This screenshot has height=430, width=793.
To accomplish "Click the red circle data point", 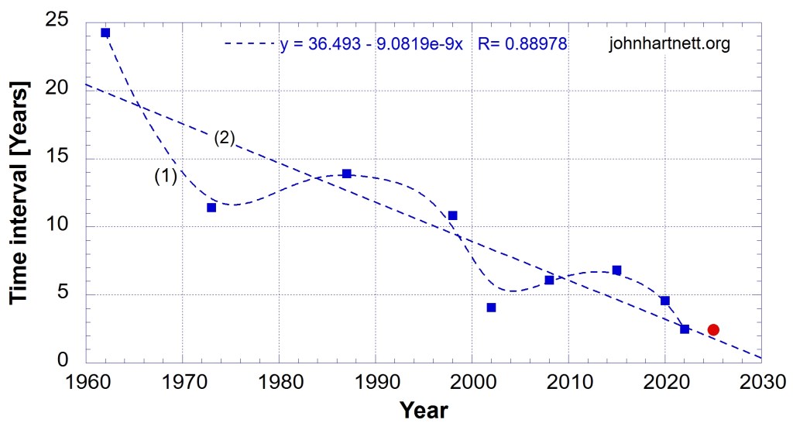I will (x=713, y=329).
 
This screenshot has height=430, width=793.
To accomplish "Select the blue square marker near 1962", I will (x=105, y=33).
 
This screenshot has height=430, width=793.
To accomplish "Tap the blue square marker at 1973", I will (x=211, y=207).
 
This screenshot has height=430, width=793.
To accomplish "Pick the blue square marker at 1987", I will (x=346, y=174).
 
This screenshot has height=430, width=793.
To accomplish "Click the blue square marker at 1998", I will (x=453, y=215).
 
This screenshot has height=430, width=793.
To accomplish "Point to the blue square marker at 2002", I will (x=491, y=308).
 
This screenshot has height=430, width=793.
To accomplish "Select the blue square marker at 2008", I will (x=549, y=280).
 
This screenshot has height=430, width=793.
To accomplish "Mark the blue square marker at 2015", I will (x=616, y=270).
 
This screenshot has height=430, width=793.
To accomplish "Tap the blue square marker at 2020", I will (x=664, y=301).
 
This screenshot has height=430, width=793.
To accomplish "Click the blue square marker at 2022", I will (x=685, y=329).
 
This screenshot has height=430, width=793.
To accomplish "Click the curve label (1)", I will (x=166, y=177).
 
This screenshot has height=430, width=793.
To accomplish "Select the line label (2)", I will (x=224, y=139).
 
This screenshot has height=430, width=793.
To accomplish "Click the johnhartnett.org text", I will (x=670, y=44).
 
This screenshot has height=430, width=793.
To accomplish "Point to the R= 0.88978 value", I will (x=524, y=44).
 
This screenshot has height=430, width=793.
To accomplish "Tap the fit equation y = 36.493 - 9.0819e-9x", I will (x=371, y=44).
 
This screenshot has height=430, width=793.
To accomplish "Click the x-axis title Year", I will (x=424, y=408).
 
